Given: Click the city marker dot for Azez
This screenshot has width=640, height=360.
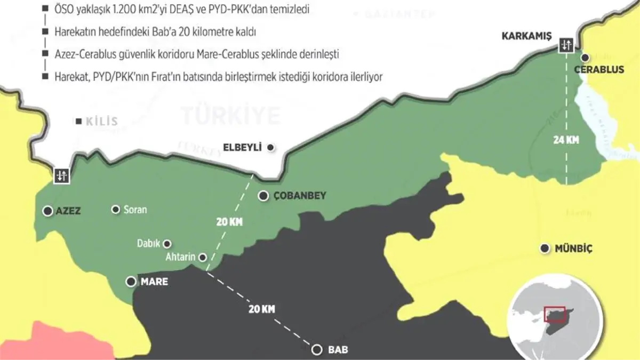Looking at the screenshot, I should (x=48, y=211).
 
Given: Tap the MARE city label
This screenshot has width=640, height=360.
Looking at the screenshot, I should (x=154, y=281).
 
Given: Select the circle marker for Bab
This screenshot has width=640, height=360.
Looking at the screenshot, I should (x=317, y=350).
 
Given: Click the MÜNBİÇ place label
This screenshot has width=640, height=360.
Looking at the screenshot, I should (x=573, y=249).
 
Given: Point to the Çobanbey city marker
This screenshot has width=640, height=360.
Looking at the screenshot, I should (x=263, y=196).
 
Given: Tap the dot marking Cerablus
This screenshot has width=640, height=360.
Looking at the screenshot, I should (x=585, y=58).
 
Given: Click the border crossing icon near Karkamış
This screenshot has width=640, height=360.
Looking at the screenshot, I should (x=565, y=45).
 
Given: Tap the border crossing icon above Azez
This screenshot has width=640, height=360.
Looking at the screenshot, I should (x=61, y=175).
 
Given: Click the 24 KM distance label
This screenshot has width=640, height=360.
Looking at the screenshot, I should (x=566, y=141).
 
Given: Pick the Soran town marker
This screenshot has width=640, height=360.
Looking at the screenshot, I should (x=115, y=210).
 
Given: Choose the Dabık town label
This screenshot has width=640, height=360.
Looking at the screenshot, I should (x=148, y=244).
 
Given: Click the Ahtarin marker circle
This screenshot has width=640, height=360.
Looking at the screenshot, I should (x=203, y=257).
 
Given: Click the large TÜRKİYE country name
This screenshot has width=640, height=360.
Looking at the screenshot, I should (x=230, y=115).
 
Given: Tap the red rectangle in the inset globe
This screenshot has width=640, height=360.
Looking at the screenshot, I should (x=554, y=314).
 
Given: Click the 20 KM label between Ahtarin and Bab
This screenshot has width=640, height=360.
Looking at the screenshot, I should (x=261, y=308).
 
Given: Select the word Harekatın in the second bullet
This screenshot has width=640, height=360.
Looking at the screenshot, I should (x=74, y=32).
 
